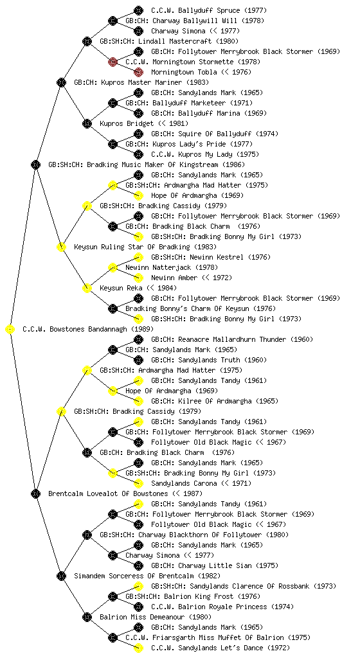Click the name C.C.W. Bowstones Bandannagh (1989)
(88, 329)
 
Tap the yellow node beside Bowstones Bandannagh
(10, 329)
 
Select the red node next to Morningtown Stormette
(113, 62)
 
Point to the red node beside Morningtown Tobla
(138, 72)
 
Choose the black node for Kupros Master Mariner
(61, 82)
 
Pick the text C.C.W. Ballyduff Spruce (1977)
(209, 10)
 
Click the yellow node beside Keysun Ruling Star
(61, 247)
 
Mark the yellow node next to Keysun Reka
(87, 288)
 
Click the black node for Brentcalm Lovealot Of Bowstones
(35, 493)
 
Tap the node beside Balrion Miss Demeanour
(87, 617)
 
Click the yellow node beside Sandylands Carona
(138, 483)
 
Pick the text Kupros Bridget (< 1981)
(144, 123)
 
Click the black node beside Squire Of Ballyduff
(138, 134)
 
